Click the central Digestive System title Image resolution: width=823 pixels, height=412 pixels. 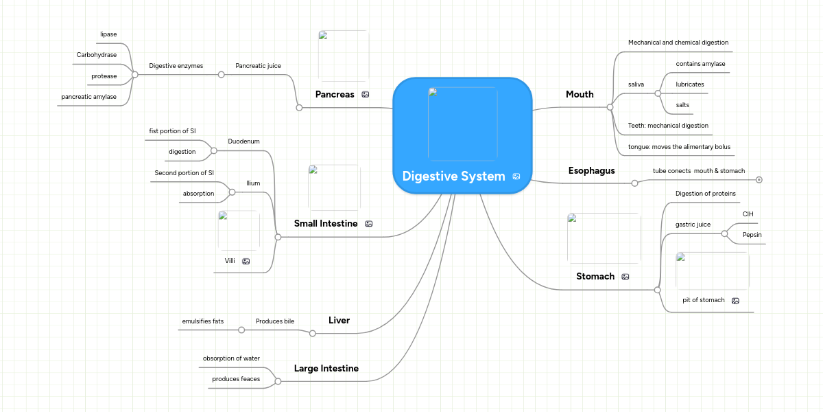click(453, 176)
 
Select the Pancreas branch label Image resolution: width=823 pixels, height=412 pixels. click(335, 94)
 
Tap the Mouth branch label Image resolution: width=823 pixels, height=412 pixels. click(580, 94)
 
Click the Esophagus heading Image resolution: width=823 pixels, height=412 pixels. click(591, 170)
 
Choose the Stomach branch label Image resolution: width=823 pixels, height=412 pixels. click(595, 276)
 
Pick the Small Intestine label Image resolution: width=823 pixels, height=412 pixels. click(326, 223)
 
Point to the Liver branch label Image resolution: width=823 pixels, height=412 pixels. click(339, 320)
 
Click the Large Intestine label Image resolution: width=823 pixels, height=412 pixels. click(326, 368)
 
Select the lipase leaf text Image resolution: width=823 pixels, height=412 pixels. click(108, 34)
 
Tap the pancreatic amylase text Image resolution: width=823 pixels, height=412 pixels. click(88, 97)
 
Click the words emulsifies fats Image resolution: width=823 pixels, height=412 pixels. click(202, 321)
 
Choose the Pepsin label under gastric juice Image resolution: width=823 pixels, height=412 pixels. click(752, 234)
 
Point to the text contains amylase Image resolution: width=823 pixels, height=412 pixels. click(700, 64)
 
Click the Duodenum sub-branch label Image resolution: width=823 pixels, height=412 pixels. click(243, 141)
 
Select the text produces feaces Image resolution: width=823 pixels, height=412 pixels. click(236, 378)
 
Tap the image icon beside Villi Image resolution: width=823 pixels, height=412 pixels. click(246, 262)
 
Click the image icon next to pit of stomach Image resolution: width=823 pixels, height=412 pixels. click(735, 301)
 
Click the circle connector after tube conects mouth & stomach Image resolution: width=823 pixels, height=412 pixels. click(759, 180)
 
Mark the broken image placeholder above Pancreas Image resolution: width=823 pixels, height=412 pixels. click(344, 56)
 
